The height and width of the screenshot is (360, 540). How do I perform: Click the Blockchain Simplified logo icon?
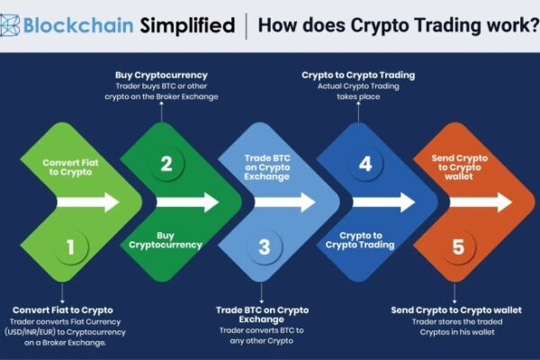tap(9, 25)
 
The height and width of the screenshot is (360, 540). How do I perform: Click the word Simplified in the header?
tap(187, 25)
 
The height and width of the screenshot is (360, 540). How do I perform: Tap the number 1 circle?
tap(70, 247)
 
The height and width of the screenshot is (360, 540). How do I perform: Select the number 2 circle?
tap(166, 164)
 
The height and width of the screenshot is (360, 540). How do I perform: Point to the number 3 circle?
tap(264, 247)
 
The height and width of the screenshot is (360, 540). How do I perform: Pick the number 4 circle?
tap(365, 164)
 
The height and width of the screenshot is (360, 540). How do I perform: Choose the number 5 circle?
tap(458, 247)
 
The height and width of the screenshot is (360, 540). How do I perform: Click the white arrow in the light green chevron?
tap(88, 202)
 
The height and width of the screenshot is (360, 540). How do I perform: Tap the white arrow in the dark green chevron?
tap(187, 202)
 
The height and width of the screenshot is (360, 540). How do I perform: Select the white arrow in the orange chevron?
tap(481, 202)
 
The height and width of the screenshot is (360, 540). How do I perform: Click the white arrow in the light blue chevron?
tap(284, 202)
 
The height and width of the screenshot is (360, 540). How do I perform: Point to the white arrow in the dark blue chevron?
tap(383, 202)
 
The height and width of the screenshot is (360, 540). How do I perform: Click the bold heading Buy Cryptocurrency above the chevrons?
tap(161, 75)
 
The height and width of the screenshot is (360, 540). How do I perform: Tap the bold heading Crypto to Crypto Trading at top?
tap(358, 75)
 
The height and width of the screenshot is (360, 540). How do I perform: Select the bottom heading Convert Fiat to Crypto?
tap(63, 310)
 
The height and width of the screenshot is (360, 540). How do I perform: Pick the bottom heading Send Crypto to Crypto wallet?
tap(456, 310)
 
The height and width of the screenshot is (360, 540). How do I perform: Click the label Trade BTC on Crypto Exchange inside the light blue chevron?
tap(267, 167)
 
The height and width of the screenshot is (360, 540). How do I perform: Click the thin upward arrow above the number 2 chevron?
tap(161, 112)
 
